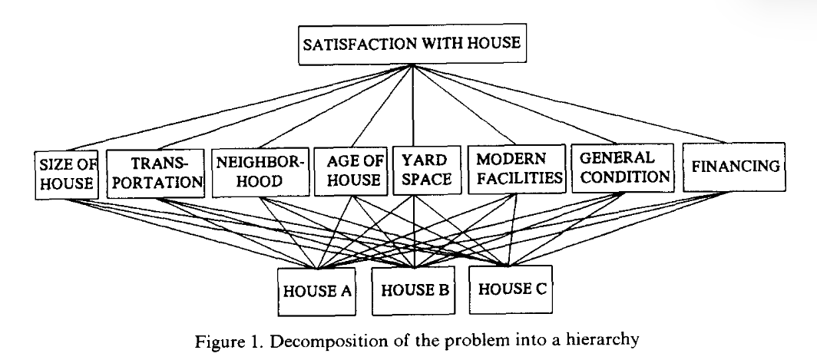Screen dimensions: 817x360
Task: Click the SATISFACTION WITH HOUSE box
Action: (x=412, y=44)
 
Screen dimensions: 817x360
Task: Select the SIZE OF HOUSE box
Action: (x=66, y=175)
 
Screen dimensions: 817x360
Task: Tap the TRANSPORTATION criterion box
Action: (x=155, y=173)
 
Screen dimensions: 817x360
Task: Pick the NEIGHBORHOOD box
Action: (x=260, y=173)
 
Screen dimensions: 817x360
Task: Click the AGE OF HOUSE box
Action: (x=351, y=171)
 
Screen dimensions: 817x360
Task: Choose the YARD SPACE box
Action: (x=427, y=170)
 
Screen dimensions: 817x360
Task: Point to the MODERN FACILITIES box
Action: (x=516, y=169)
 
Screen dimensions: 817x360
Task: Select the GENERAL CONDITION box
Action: (x=623, y=168)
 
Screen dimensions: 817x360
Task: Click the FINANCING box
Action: (x=734, y=167)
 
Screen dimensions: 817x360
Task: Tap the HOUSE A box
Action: (x=317, y=292)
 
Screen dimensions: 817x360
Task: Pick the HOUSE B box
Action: (x=413, y=291)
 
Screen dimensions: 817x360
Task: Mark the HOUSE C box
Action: (x=511, y=289)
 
